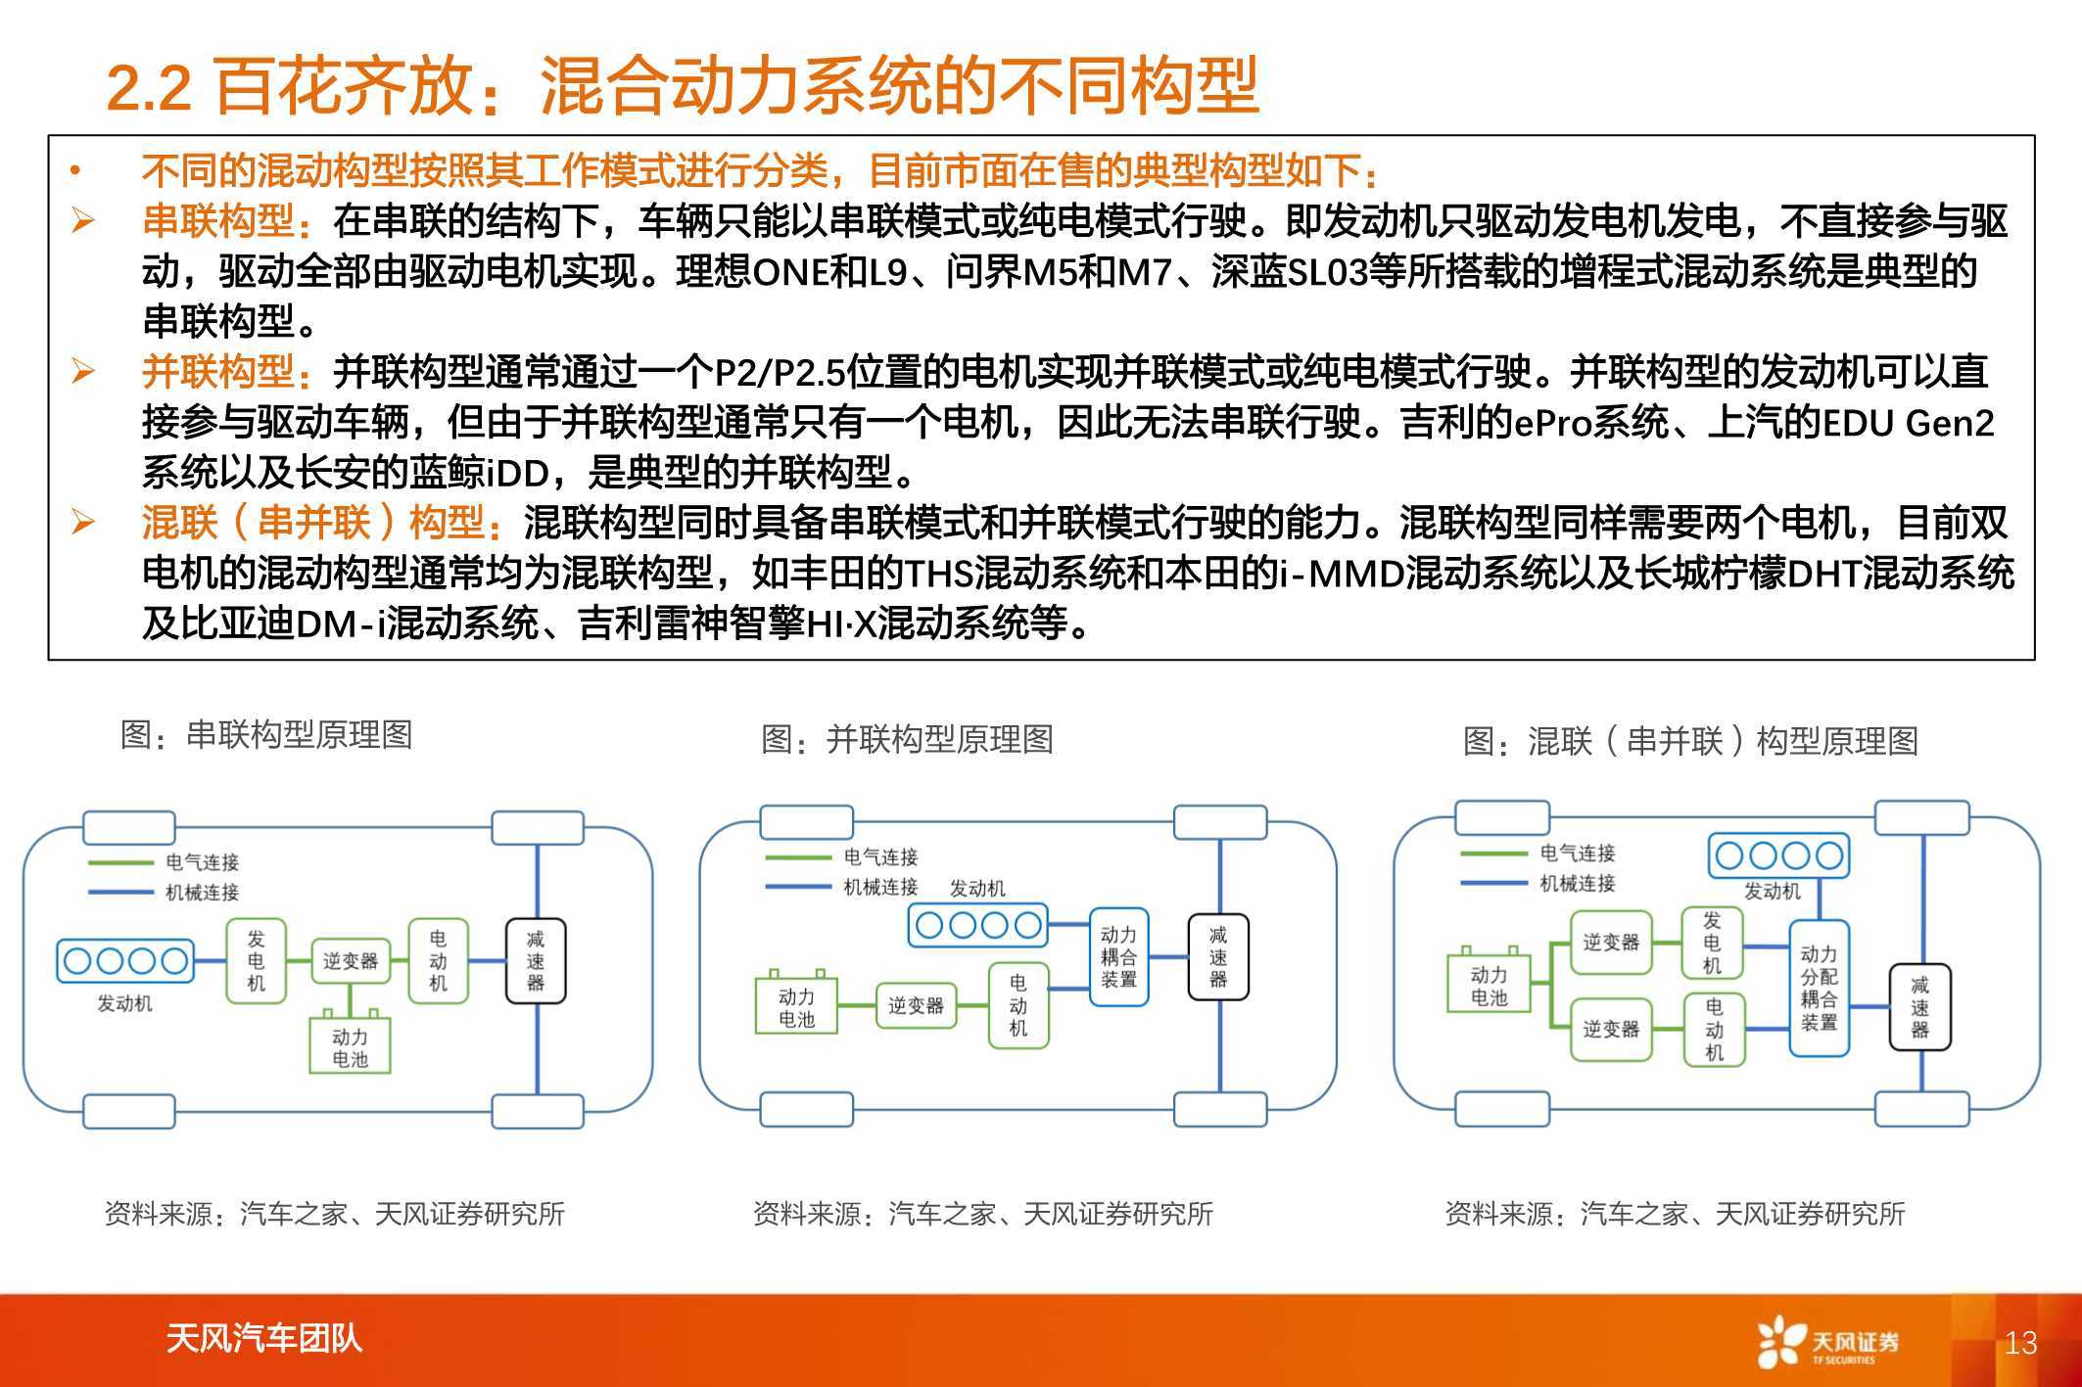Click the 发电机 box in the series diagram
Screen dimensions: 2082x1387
257,960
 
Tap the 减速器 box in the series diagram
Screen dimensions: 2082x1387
536,960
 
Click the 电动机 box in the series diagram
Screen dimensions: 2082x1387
438,960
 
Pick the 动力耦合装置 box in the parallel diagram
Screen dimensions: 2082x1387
1118,957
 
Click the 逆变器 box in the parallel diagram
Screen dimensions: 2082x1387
916,1005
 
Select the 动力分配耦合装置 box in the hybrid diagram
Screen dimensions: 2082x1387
1819,988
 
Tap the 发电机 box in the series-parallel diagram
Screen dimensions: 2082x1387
1712,943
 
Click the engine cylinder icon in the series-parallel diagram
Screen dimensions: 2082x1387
1778,856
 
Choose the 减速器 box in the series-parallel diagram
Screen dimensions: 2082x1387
1919,1007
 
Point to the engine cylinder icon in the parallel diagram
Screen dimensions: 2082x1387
977,925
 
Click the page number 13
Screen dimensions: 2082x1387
2020,1342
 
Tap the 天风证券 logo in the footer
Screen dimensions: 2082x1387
1827,1341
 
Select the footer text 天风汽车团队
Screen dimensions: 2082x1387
263,1338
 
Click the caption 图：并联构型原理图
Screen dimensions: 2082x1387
907,739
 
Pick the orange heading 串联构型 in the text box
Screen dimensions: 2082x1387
217,221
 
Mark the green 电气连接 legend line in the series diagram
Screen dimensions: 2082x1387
121,862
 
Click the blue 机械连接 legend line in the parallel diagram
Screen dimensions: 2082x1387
799,887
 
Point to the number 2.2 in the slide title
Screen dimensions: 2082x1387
149,88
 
